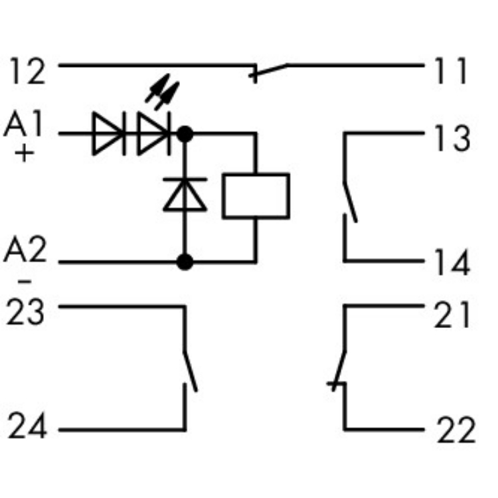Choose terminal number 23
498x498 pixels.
click(x=27, y=312)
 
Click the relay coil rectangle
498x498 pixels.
click(x=256, y=196)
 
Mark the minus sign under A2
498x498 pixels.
click(x=24, y=281)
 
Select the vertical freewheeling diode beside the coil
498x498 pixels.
click(x=185, y=195)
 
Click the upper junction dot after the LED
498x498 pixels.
click(x=185, y=134)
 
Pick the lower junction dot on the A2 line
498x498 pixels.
click(x=185, y=262)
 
